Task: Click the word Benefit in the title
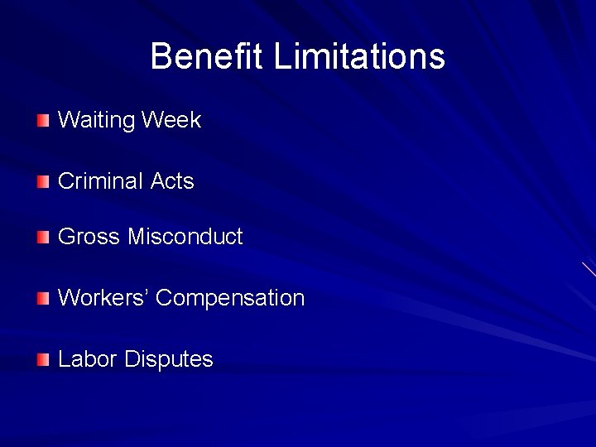tap(208, 57)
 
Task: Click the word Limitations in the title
tap(359, 57)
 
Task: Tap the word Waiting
tap(96, 121)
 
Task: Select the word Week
tap(171, 120)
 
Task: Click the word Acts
tap(172, 181)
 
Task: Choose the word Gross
tap(89, 237)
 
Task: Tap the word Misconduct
tap(185, 237)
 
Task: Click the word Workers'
tap(103, 298)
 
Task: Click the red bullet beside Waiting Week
tap(43, 121)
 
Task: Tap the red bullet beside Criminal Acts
tap(43, 182)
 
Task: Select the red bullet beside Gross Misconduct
tap(43, 238)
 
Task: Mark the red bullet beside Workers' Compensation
tap(43, 299)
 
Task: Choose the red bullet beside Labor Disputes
tap(43, 360)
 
